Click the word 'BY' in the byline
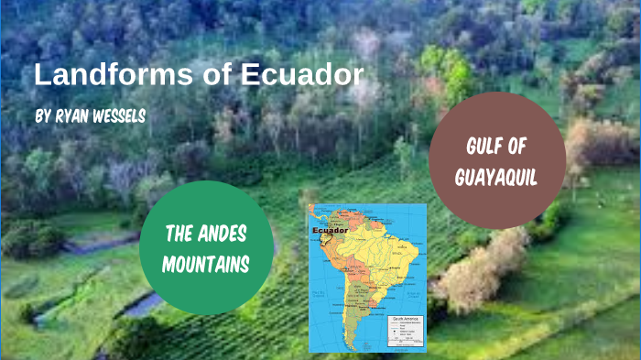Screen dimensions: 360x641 (44, 117)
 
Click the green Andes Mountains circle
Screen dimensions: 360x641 (207, 247)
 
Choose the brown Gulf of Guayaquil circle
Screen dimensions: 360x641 (496, 160)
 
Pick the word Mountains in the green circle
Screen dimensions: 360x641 (207, 264)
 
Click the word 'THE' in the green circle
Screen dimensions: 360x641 (179, 235)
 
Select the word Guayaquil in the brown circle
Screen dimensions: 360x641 (496, 176)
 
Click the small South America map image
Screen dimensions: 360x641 (367, 278)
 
